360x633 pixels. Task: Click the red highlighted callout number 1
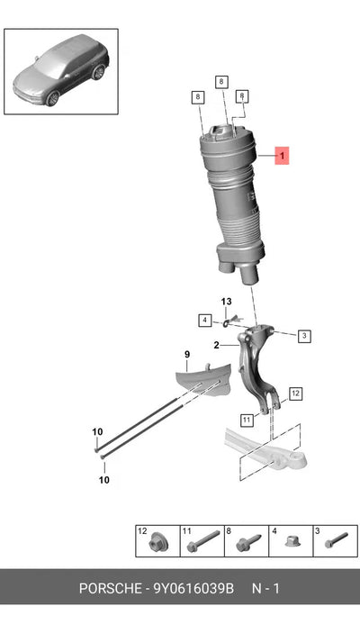(282, 156)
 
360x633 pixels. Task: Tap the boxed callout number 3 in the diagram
(304, 336)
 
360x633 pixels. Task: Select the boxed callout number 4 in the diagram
(204, 321)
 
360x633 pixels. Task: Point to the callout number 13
(227, 302)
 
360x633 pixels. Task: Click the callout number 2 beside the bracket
(217, 345)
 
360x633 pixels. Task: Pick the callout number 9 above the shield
(187, 355)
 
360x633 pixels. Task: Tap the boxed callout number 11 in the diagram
(247, 420)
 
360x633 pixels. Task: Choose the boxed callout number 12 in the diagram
(296, 393)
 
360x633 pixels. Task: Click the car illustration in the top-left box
(61, 69)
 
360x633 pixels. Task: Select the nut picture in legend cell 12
(158, 544)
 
